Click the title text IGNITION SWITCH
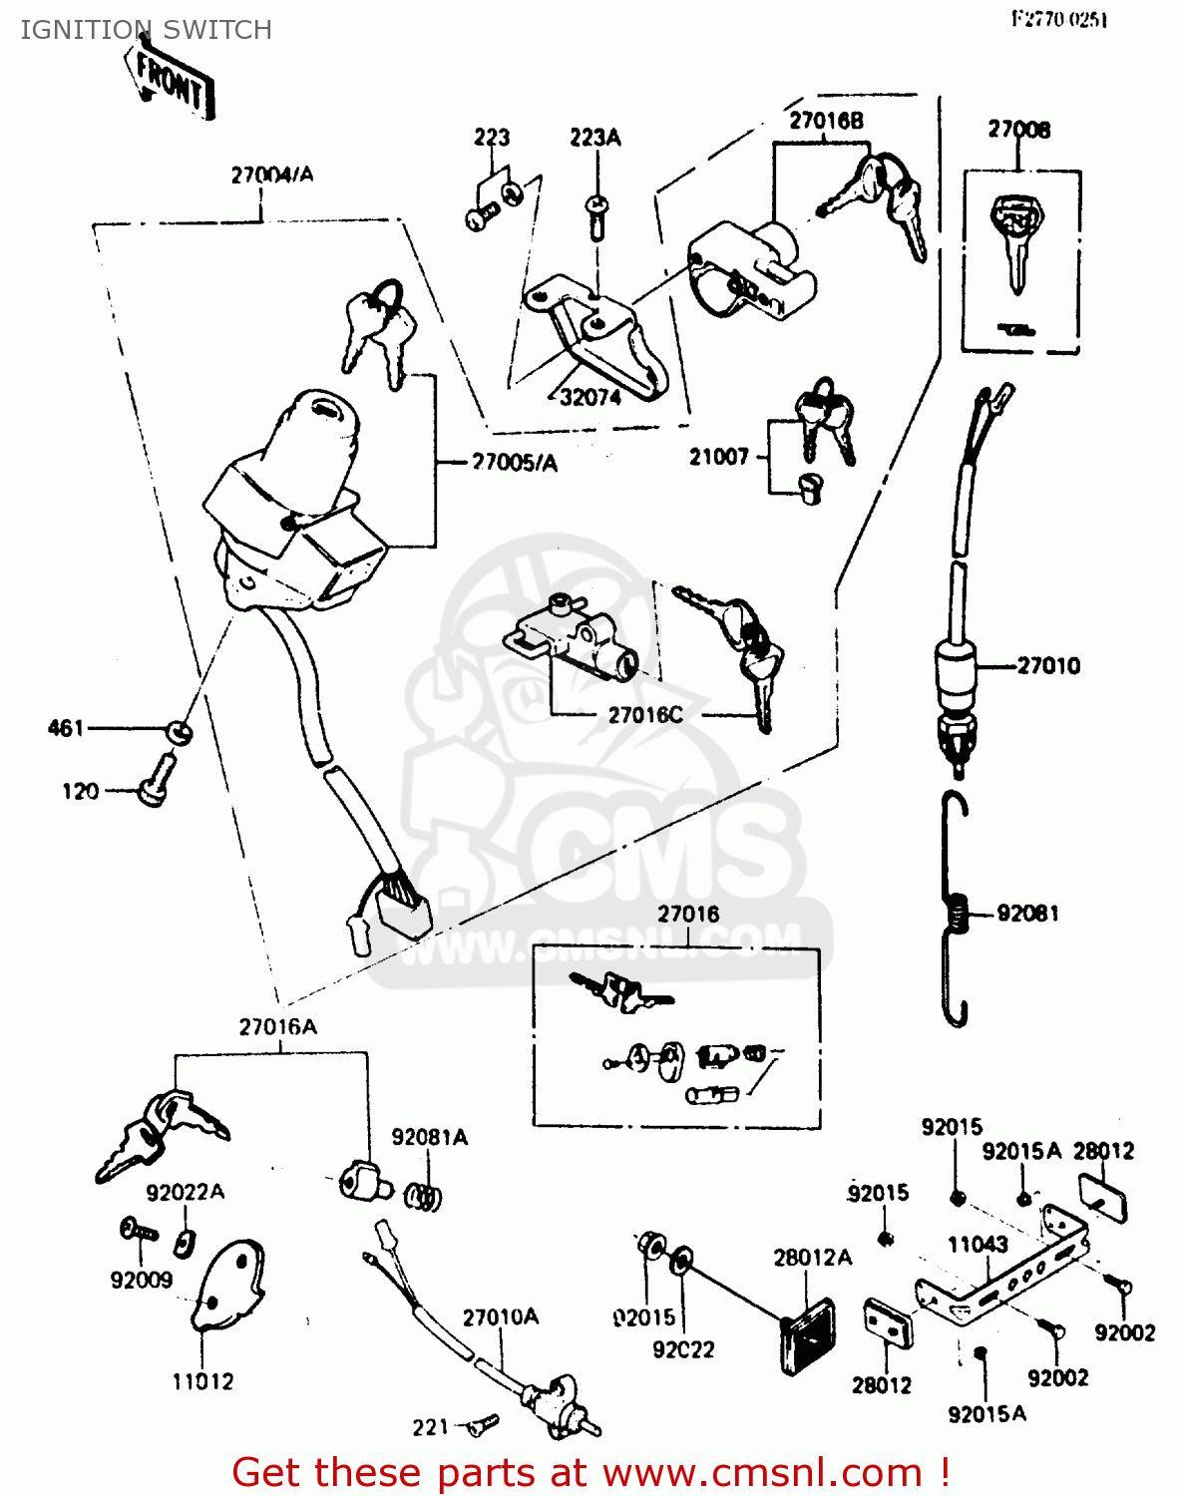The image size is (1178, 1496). [147, 30]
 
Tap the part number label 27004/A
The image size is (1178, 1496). [271, 175]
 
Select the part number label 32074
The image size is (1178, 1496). [589, 397]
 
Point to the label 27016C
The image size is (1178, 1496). [645, 715]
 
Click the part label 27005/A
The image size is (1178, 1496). [515, 463]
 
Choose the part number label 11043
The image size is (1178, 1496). [977, 1245]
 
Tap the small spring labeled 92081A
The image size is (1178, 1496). [425, 1196]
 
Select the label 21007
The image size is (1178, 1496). [718, 457]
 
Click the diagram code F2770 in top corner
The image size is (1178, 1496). [1059, 19]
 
